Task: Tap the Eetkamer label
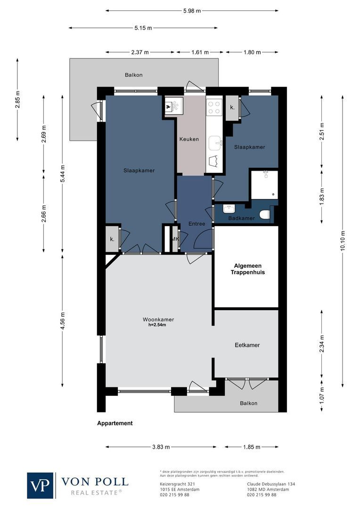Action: coord(247,345)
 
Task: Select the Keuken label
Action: coord(189,140)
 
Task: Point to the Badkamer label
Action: coord(241,218)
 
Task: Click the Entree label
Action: coord(196,224)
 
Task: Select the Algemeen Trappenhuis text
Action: coord(247,269)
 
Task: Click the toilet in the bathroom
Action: coord(265,215)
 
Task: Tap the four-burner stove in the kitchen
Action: coord(214,107)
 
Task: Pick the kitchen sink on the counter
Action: coord(215,141)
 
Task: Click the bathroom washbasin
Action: coord(229,209)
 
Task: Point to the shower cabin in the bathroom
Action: coord(264,185)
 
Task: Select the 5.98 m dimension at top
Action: coord(191,10)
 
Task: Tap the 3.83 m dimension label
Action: coord(161,447)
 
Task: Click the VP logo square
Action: coord(41,485)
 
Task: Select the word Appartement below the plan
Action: coord(115,423)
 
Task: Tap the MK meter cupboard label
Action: coord(175,239)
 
